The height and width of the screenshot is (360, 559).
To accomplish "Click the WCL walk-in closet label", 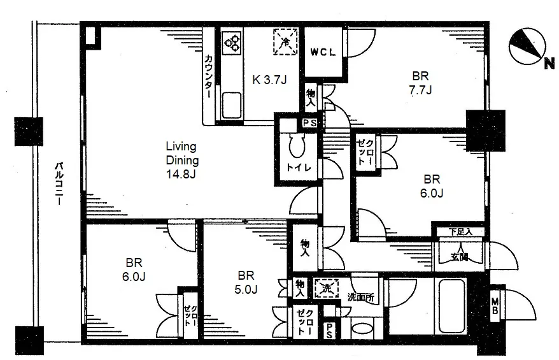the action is pos(323,52).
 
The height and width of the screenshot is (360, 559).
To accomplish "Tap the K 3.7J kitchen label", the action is pos(269,80).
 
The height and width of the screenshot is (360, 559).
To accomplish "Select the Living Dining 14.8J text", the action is pos(182,160).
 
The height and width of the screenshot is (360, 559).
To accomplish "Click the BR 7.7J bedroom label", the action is pos(420,83).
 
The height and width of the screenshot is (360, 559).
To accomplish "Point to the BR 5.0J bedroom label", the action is pos(246,282).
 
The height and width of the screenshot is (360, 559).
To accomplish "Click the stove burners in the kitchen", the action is pos(232,43).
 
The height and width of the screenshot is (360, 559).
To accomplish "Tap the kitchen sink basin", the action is pos(232,105).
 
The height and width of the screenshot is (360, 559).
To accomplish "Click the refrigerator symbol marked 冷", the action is pos(285,42).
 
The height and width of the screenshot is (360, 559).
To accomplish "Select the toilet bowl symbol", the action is pos(298,145).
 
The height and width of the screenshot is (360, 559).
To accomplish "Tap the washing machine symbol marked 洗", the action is pos(326,288).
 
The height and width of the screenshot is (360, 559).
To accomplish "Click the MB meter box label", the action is pos(495,306).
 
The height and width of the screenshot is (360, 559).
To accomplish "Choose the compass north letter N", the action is pos(549,64).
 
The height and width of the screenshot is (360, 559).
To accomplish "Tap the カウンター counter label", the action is pos(209,76).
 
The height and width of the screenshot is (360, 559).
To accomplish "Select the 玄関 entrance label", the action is pos(459,257).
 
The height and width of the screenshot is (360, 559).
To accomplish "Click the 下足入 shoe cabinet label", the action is pos(460,232).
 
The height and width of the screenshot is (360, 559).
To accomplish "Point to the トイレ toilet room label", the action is pos(299,168).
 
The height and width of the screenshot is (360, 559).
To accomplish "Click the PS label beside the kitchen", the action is pos(309,123).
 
